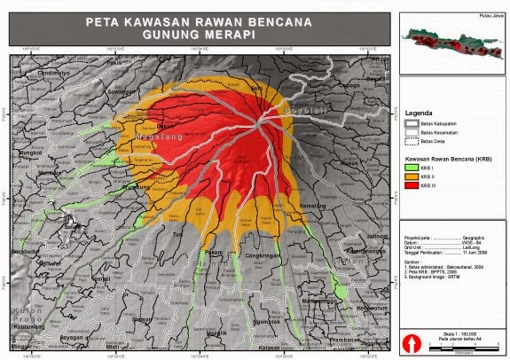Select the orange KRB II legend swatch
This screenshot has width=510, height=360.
coord(411,177)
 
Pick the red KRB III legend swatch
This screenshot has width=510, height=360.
coord(411,186)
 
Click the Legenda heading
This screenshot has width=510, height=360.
coord(419,113)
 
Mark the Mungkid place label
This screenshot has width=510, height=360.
coord(31,153)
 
